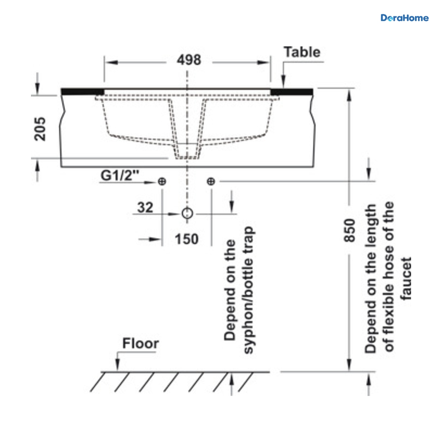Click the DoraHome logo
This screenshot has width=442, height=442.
[x=404, y=18]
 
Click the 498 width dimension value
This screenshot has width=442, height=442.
[x=189, y=60]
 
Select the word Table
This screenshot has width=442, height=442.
[x=302, y=52]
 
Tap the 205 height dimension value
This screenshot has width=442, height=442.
[x=40, y=129]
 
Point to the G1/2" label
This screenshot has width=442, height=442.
[x=120, y=175]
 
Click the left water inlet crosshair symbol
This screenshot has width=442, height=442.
[x=162, y=182]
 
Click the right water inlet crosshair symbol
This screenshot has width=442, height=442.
[x=211, y=182]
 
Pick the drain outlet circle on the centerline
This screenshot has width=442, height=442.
[x=187, y=213]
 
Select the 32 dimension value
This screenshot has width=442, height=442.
[x=145, y=208]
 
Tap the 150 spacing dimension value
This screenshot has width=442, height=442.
[x=187, y=239]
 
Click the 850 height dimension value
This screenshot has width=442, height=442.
[x=349, y=230]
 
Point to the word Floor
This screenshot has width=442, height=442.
[x=141, y=343]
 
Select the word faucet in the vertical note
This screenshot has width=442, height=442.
[x=406, y=279]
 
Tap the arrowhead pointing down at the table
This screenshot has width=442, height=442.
[x=284, y=82]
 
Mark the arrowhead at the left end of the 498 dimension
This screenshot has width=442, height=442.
[x=112, y=62]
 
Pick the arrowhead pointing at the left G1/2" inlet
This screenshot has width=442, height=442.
[x=150, y=183]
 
